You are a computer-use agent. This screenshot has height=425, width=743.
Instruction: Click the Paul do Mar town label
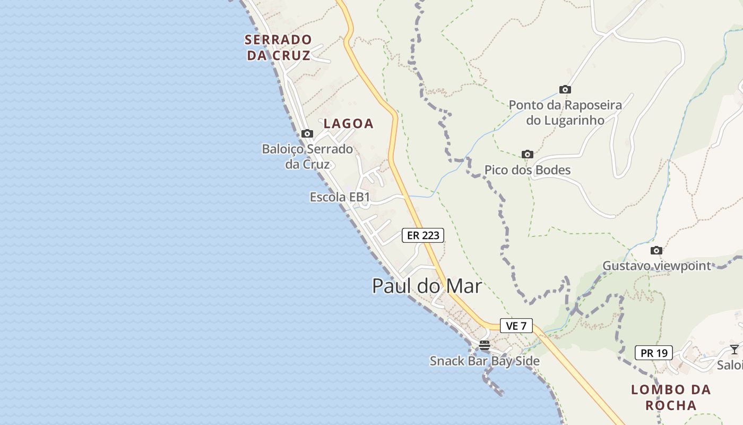427,286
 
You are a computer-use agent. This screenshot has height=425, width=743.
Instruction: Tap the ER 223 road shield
422,235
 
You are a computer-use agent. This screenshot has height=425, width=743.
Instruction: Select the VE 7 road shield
516,326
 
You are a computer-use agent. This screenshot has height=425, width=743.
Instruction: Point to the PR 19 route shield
653,353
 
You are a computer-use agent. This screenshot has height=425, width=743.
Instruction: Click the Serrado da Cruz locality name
278,47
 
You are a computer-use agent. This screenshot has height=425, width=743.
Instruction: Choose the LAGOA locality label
349,124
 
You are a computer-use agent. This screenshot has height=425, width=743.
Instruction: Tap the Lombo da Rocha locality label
671,397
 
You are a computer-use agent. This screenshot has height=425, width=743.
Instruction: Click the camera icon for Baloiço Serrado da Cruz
307,133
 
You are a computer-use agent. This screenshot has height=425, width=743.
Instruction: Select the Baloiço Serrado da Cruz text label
307,157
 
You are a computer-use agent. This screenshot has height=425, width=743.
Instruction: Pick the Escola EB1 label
340,198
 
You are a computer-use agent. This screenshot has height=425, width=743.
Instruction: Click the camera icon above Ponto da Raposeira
565,89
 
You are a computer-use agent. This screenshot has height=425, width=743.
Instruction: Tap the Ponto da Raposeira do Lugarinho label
565,113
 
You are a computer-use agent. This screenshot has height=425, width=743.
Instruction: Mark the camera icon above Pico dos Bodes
527,154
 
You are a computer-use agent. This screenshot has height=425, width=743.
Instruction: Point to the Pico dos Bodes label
527,170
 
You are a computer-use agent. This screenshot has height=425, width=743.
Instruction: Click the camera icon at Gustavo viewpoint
656,250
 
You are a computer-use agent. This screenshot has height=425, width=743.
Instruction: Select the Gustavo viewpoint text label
656,266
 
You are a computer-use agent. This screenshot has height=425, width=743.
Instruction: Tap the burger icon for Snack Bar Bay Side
484,345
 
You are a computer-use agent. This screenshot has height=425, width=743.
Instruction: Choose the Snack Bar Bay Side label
484,361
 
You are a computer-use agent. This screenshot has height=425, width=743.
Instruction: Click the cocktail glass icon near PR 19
734,349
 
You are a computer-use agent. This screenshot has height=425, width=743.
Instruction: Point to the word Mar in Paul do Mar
463,286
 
